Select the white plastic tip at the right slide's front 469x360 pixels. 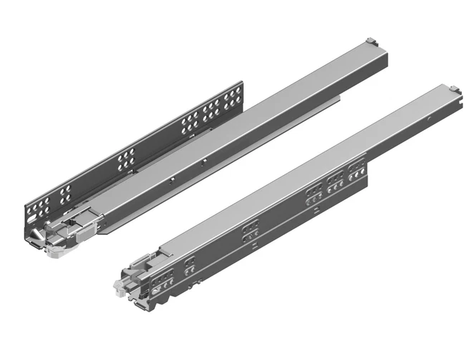click(x=117, y=283)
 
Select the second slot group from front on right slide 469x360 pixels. click(x=190, y=264)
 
